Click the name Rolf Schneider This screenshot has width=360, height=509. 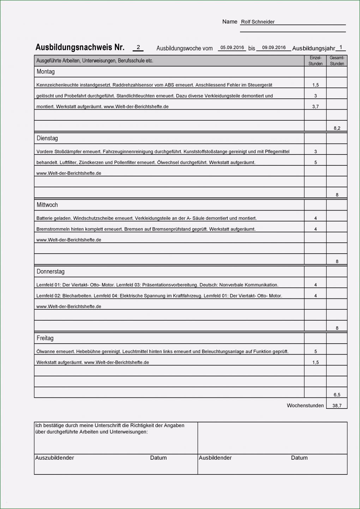[x=258, y=22]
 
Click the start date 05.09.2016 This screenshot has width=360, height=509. [x=232, y=48]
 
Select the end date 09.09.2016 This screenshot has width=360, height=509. [x=274, y=48]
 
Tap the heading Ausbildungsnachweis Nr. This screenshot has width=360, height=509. [x=80, y=47]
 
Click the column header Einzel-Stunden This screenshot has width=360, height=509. [x=315, y=61]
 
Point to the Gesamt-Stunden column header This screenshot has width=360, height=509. [x=337, y=61]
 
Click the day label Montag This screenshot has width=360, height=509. [x=46, y=72]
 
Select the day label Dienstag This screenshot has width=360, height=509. [x=47, y=138]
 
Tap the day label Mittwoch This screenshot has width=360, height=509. [x=47, y=205]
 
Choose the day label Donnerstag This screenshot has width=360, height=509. [x=50, y=272]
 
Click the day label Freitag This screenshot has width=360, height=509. [x=45, y=338]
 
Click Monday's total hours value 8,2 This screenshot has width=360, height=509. [x=337, y=128]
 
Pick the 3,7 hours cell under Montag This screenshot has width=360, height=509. [x=316, y=107]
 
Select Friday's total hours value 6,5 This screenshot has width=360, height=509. [x=337, y=395]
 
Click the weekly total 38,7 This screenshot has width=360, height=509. [x=337, y=406]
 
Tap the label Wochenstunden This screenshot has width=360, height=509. [x=305, y=406]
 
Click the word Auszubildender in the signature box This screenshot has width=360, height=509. [x=55, y=458]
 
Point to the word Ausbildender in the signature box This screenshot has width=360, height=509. [x=215, y=458]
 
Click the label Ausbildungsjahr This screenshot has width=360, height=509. [x=313, y=48]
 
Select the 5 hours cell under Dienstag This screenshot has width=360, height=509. [x=316, y=163]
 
